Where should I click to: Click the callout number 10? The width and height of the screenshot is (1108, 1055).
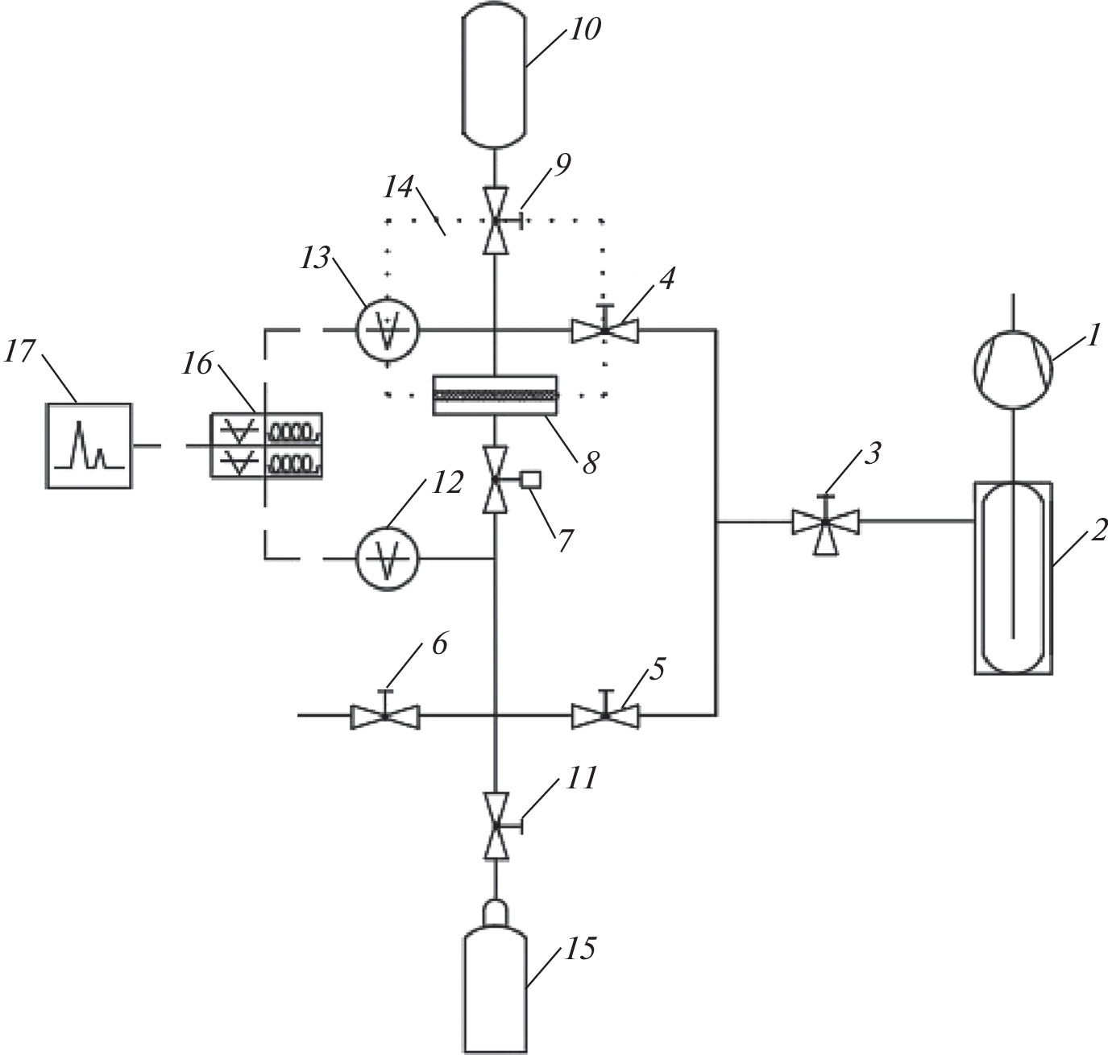tap(587, 31)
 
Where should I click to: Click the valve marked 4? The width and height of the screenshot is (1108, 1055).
tap(604, 329)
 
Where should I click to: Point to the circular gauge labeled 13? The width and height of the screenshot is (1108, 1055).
tap(388, 329)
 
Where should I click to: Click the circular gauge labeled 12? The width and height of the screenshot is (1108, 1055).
tap(388, 557)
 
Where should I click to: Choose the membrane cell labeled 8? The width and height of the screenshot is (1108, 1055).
tap(495, 395)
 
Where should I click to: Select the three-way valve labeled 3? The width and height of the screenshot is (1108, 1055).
tap(825, 523)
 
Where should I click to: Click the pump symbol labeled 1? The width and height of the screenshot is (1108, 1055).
tap(1013, 370)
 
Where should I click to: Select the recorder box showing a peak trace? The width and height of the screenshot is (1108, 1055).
tap(88, 445)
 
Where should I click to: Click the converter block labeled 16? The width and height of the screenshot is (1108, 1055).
tap(267, 445)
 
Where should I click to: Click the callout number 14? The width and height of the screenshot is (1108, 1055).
tap(399, 188)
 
